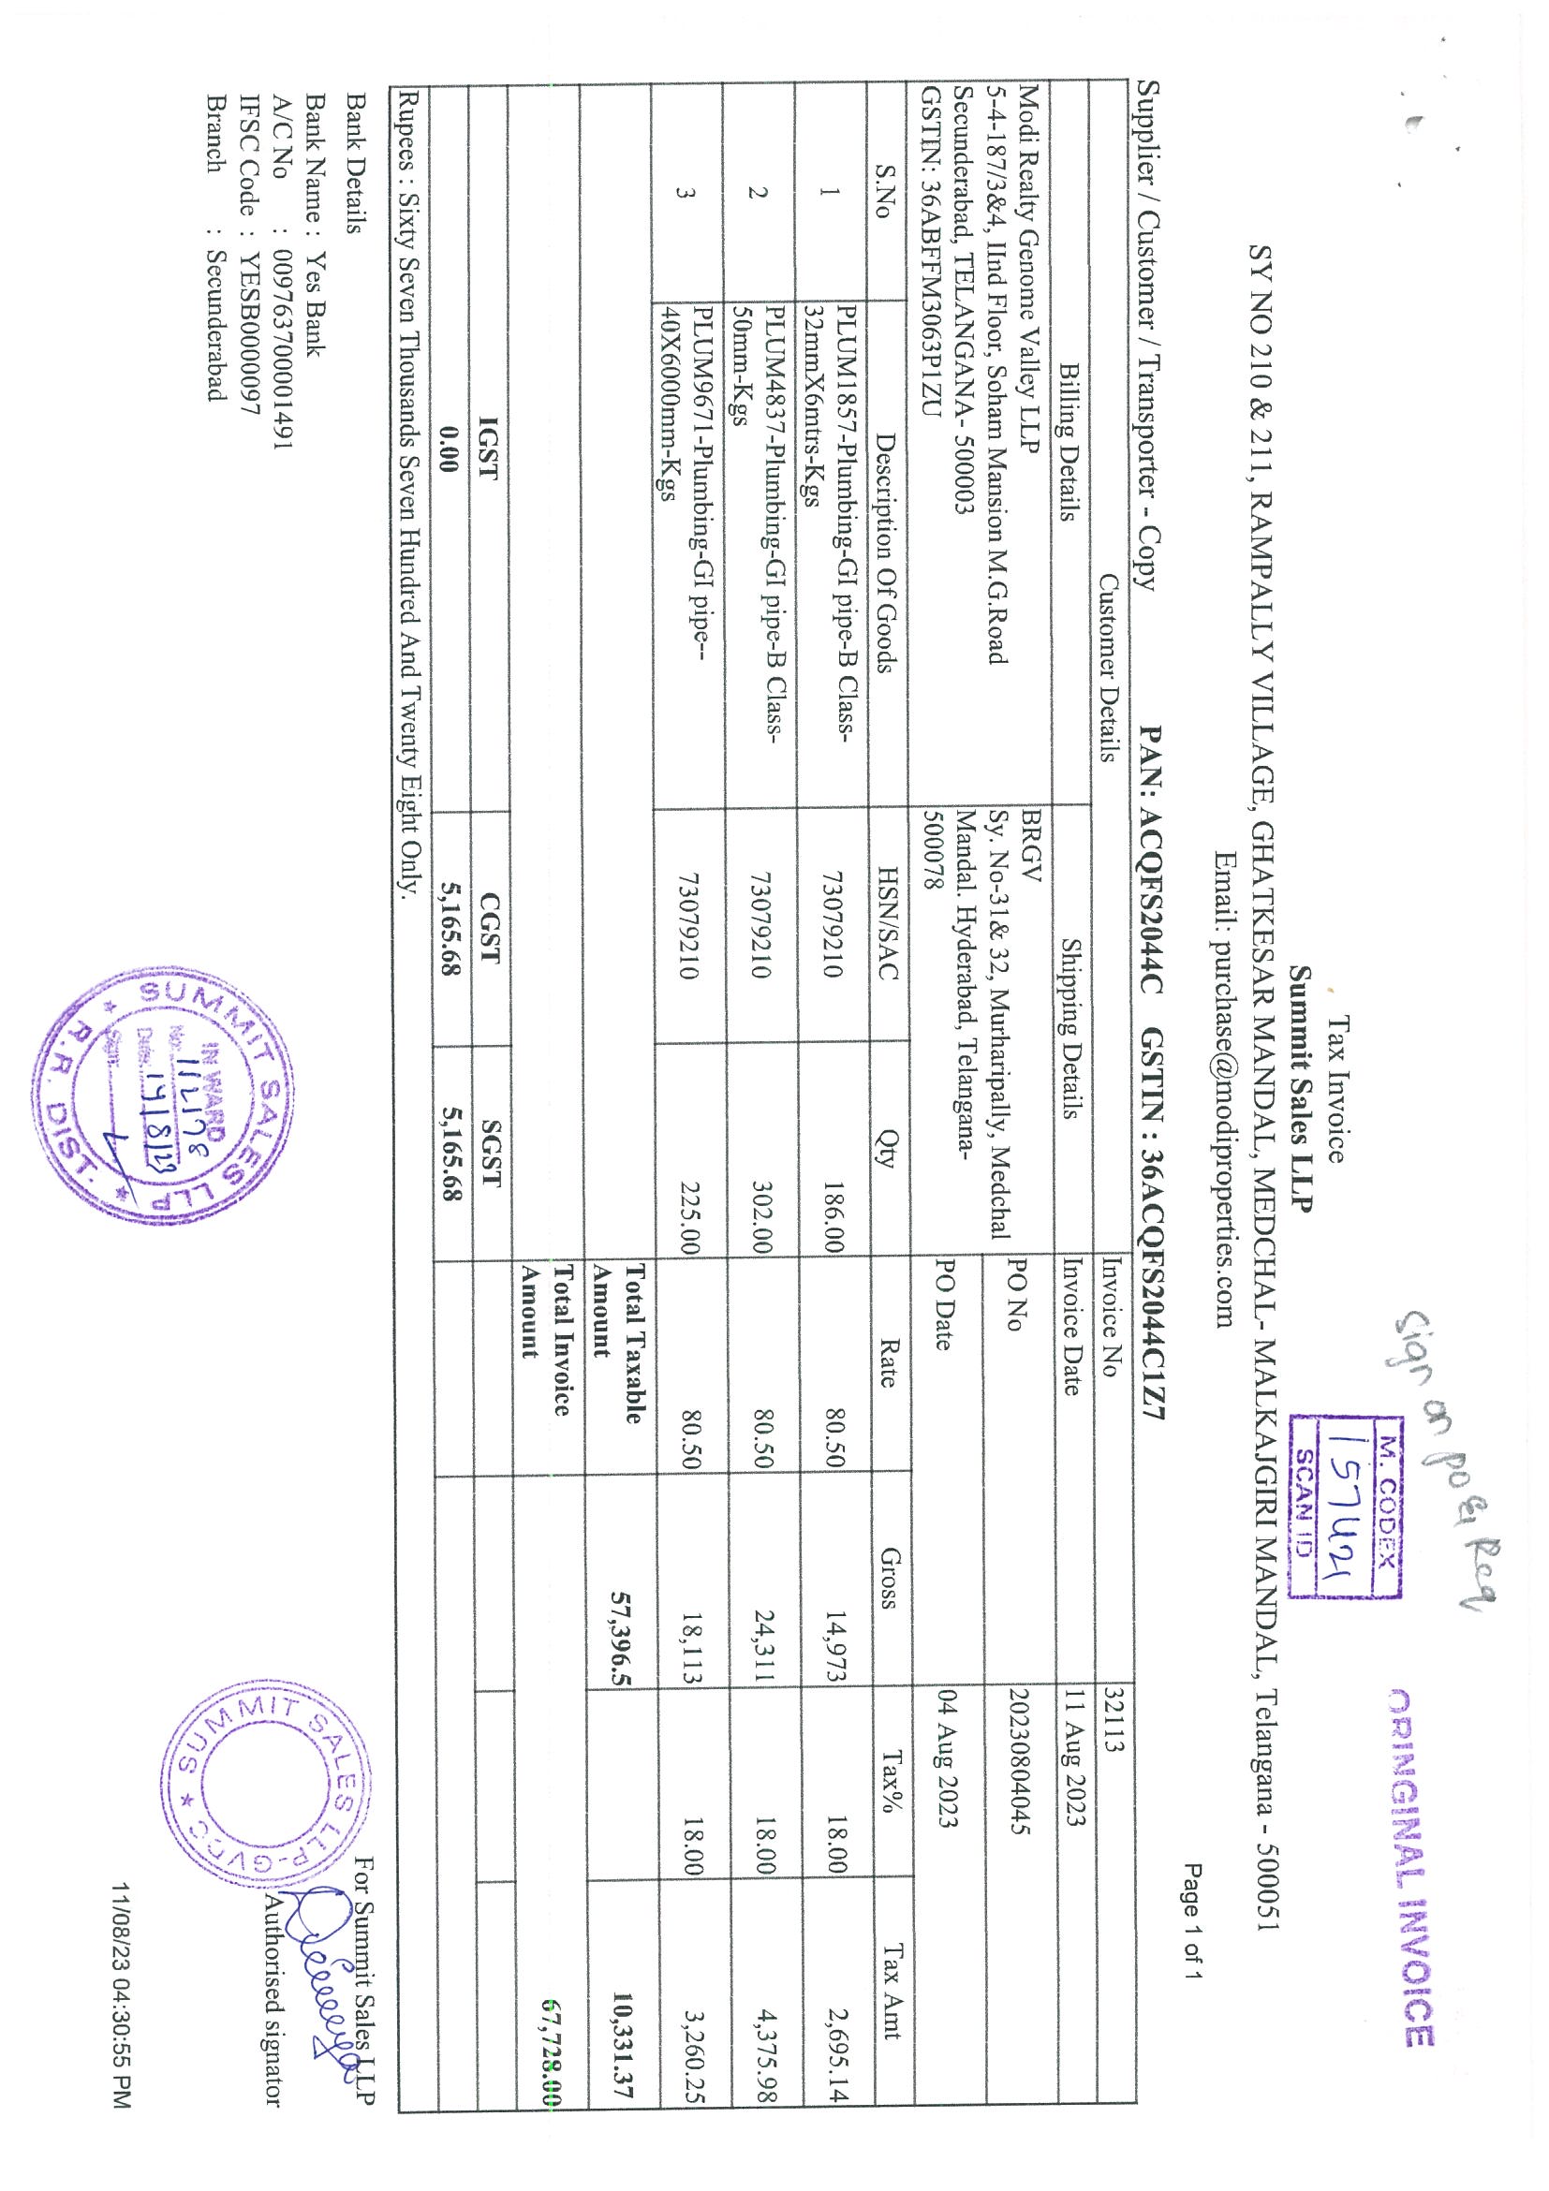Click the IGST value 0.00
449,449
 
